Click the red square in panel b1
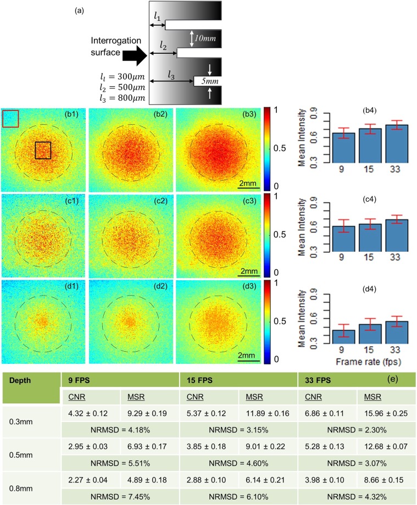point(10,118)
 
